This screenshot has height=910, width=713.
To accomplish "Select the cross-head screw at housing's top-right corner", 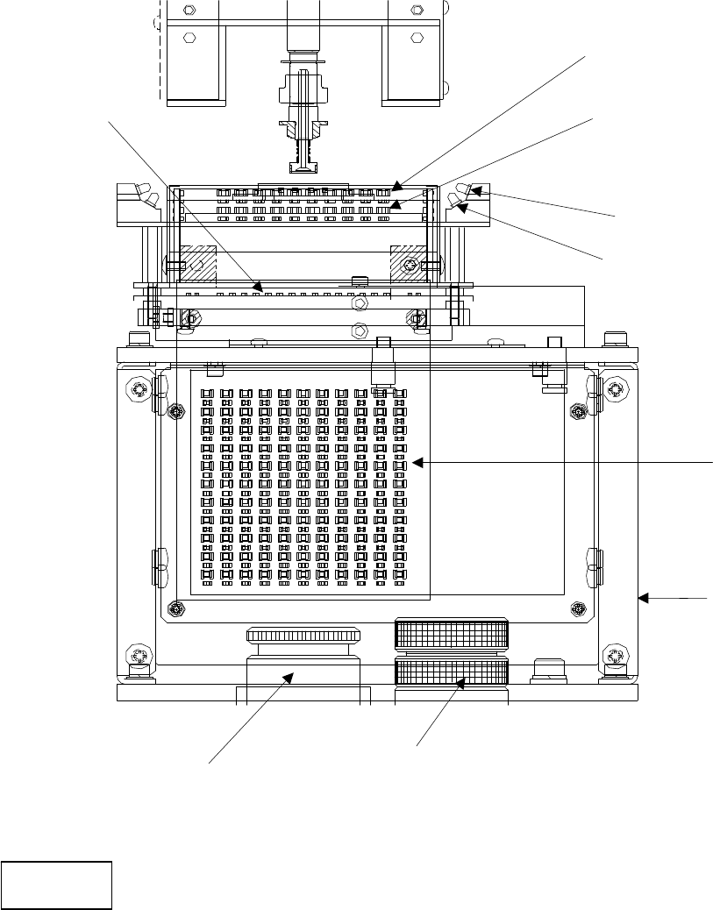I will tap(616, 387).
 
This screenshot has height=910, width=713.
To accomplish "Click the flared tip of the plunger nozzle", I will tap(302, 167).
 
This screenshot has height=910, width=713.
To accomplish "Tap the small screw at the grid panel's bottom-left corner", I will tap(176, 608).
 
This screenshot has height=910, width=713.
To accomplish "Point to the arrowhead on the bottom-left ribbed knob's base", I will tap(290, 674).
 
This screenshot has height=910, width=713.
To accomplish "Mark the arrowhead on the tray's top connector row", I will tap(397, 187).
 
